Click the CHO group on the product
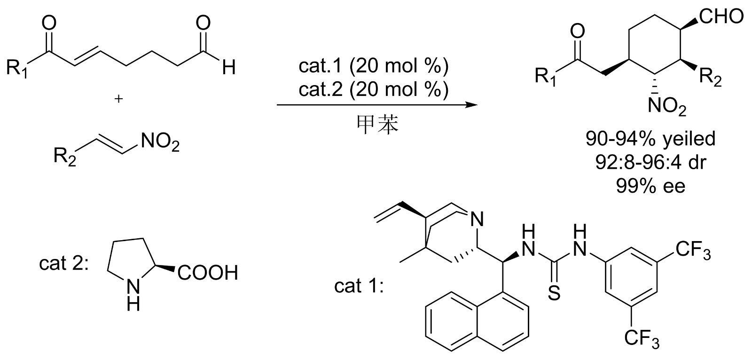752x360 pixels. pyautogui.click(x=721, y=16)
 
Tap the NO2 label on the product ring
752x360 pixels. pyautogui.click(x=666, y=108)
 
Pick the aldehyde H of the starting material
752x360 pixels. pyautogui.click(x=229, y=68)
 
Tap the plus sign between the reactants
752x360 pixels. pyautogui.click(x=119, y=99)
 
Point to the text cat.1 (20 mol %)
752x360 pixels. pyautogui.click(x=374, y=67)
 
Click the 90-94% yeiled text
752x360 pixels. pyautogui.click(x=650, y=138)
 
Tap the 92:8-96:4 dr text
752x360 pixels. pyautogui.click(x=650, y=162)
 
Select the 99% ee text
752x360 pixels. pyautogui.click(x=650, y=186)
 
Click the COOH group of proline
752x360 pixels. pyautogui.click(x=207, y=272)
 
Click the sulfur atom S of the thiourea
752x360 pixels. pyautogui.click(x=554, y=294)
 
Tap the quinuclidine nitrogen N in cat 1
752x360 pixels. pyautogui.click(x=477, y=219)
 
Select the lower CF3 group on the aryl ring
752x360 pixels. pyautogui.click(x=642, y=338)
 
